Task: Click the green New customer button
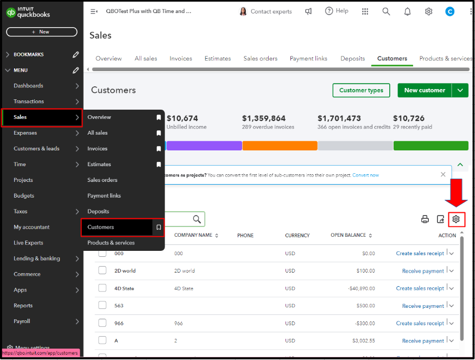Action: point(425,90)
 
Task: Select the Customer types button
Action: point(361,90)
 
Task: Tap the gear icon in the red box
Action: point(456,219)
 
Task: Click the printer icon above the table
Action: point(425,219)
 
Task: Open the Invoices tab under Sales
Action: point(181,59)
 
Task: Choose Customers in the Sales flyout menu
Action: point(100,227)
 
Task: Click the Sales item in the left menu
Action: point(20,117)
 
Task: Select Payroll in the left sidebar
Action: point(22,321)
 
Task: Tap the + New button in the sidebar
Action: point(41,32)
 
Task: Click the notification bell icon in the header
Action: point(408,11)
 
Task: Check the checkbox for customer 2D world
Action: point(103,270)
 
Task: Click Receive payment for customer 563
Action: point(423,306)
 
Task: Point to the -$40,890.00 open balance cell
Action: point(362,288)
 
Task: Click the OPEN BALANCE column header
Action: point(349,235)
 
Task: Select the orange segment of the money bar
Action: point(280,146)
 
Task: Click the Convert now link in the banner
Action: point(365,175)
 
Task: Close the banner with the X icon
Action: point(443,174)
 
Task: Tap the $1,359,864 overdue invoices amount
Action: point(263,118)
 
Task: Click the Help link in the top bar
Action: point(337,11)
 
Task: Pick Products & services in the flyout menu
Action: point(111,243)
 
